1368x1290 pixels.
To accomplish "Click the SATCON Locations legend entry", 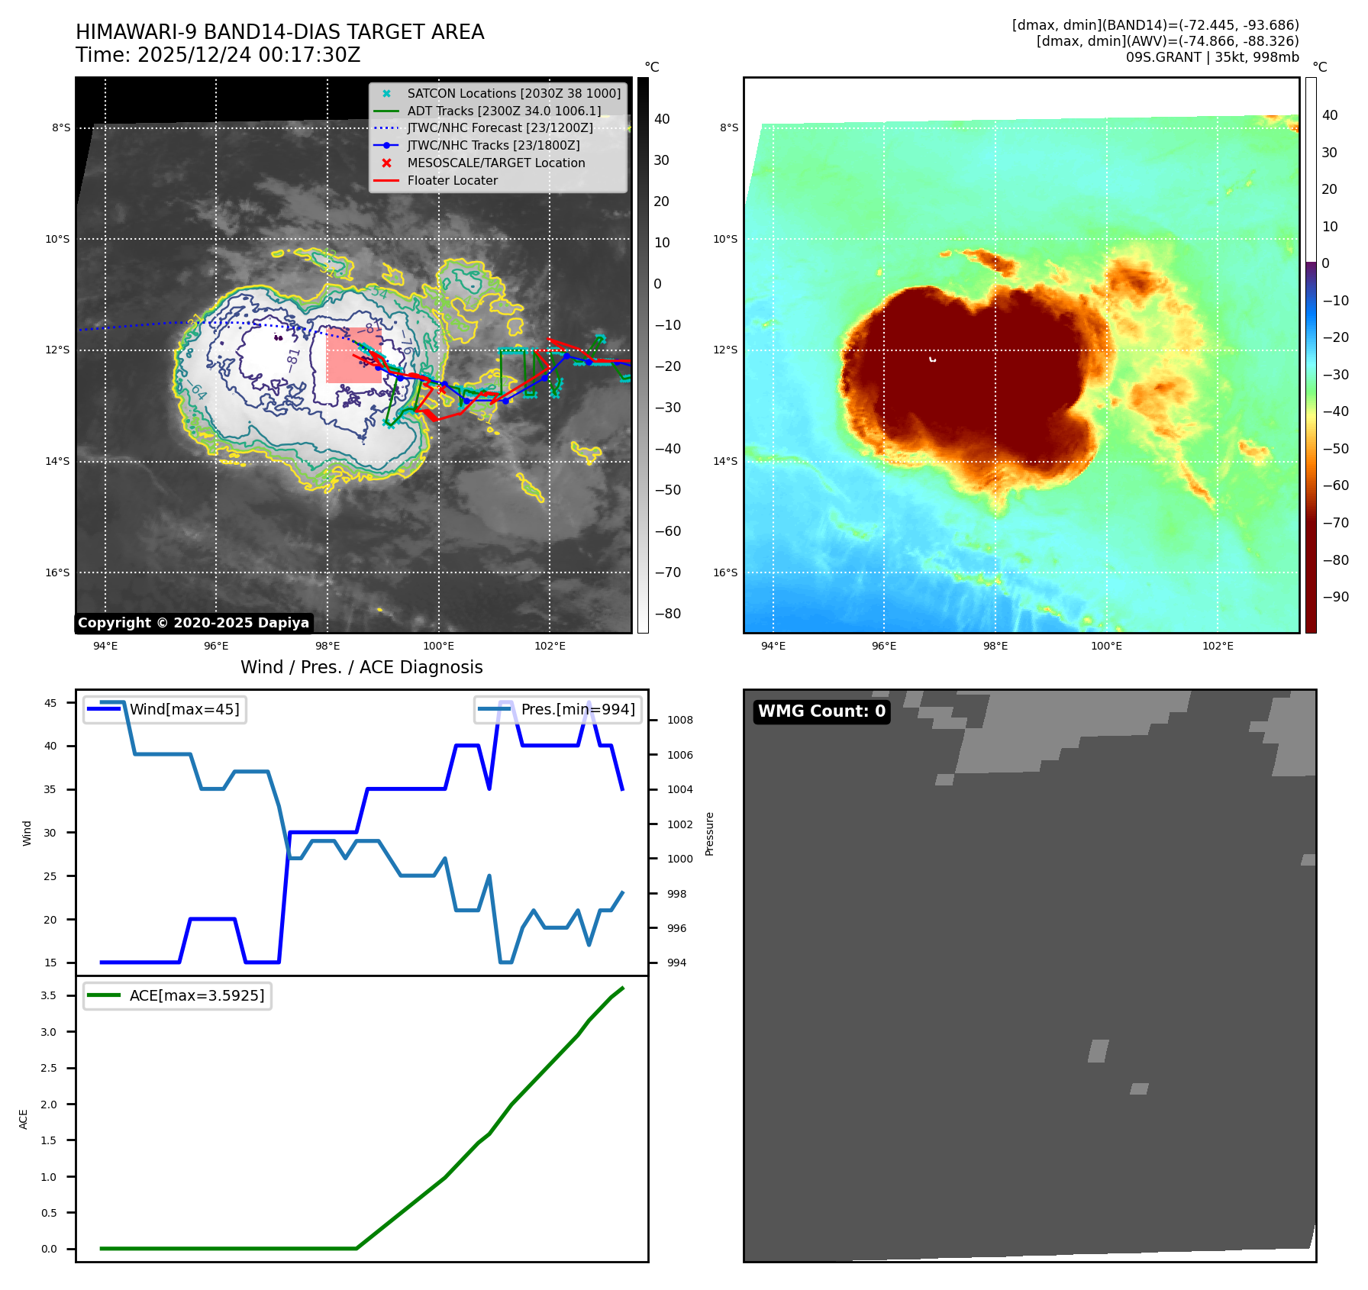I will click(x=513, y=93).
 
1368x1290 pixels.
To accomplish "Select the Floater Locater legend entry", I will click(x=452, y=181).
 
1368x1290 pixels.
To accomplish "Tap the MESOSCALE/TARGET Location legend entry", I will click(x=495, y=163).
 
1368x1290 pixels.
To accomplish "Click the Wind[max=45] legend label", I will click(x=184, y=709).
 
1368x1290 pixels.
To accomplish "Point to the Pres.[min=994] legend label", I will click(x=577, y=709).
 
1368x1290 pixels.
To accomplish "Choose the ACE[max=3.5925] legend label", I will click(x=196, y=995).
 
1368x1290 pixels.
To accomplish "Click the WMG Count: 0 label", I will click(x=821, y=711).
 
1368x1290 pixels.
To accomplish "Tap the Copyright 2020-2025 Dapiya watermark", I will click(x=193, y=623).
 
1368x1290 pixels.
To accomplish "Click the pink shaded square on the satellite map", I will click(x=354, y=355).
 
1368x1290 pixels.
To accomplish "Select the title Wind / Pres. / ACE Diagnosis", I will click(x=361, y=667).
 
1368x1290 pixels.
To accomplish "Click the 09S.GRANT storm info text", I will click(x=1212, y=57).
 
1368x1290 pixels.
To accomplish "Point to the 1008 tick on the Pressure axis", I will click(x=679, y=720).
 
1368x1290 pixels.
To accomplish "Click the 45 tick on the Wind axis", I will click(x=50, y=703).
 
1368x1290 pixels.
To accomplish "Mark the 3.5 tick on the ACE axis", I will click(x=48, y=995).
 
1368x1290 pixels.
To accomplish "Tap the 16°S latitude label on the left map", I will click(x=57, y=572).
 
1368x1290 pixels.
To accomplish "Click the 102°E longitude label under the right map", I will click(x=1218, y=646).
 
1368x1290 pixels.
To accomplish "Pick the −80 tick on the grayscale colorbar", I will click(x=667, y=614).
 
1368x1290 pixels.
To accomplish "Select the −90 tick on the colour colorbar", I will click(x=1335, y=597).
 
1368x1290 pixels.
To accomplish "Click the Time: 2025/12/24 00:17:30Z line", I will click(x=218, y=55).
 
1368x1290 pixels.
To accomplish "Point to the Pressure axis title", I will click(x=709, y=833).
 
